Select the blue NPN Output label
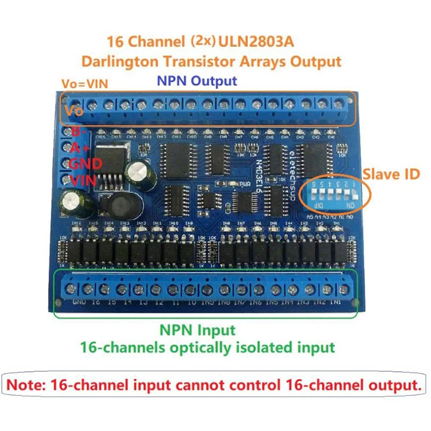click(x=196, y=81)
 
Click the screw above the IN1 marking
click(x=342, y=290)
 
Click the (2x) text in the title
click(x=203, y=41)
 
